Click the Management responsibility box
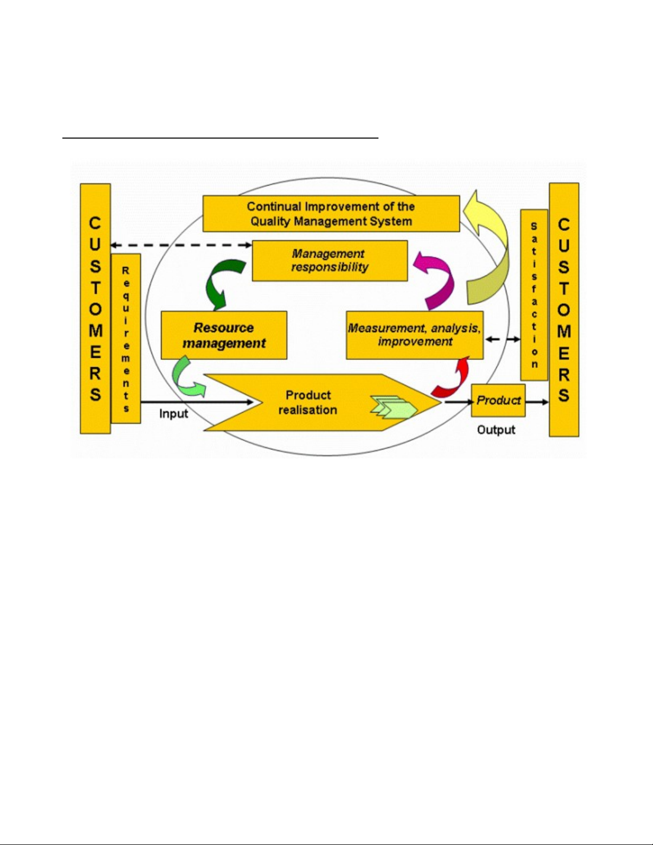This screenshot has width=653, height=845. [x=329, y=261]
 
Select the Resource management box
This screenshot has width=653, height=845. [x=224, y=335]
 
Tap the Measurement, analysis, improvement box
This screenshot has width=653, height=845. [x=414, y=335]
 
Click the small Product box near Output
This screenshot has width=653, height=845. [x=498, y=400]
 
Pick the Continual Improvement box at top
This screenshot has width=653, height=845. [x=330, y=214]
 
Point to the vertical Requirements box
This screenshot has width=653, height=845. [x=126, y=339]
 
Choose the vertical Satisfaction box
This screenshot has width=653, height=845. [x=534, y=295]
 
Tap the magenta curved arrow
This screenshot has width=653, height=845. [x=438, y=280]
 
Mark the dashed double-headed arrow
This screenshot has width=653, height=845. [x=181, y=245]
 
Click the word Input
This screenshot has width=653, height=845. [x=174, y=414]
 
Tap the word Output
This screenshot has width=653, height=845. [x=496, y=430]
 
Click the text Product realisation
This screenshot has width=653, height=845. [x=308, y=403]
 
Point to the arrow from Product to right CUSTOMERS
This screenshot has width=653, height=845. [x=537, y=401]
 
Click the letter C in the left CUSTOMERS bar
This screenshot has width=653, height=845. [x=95, y=223]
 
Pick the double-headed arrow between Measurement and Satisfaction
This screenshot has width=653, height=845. [x=503, y=339]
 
